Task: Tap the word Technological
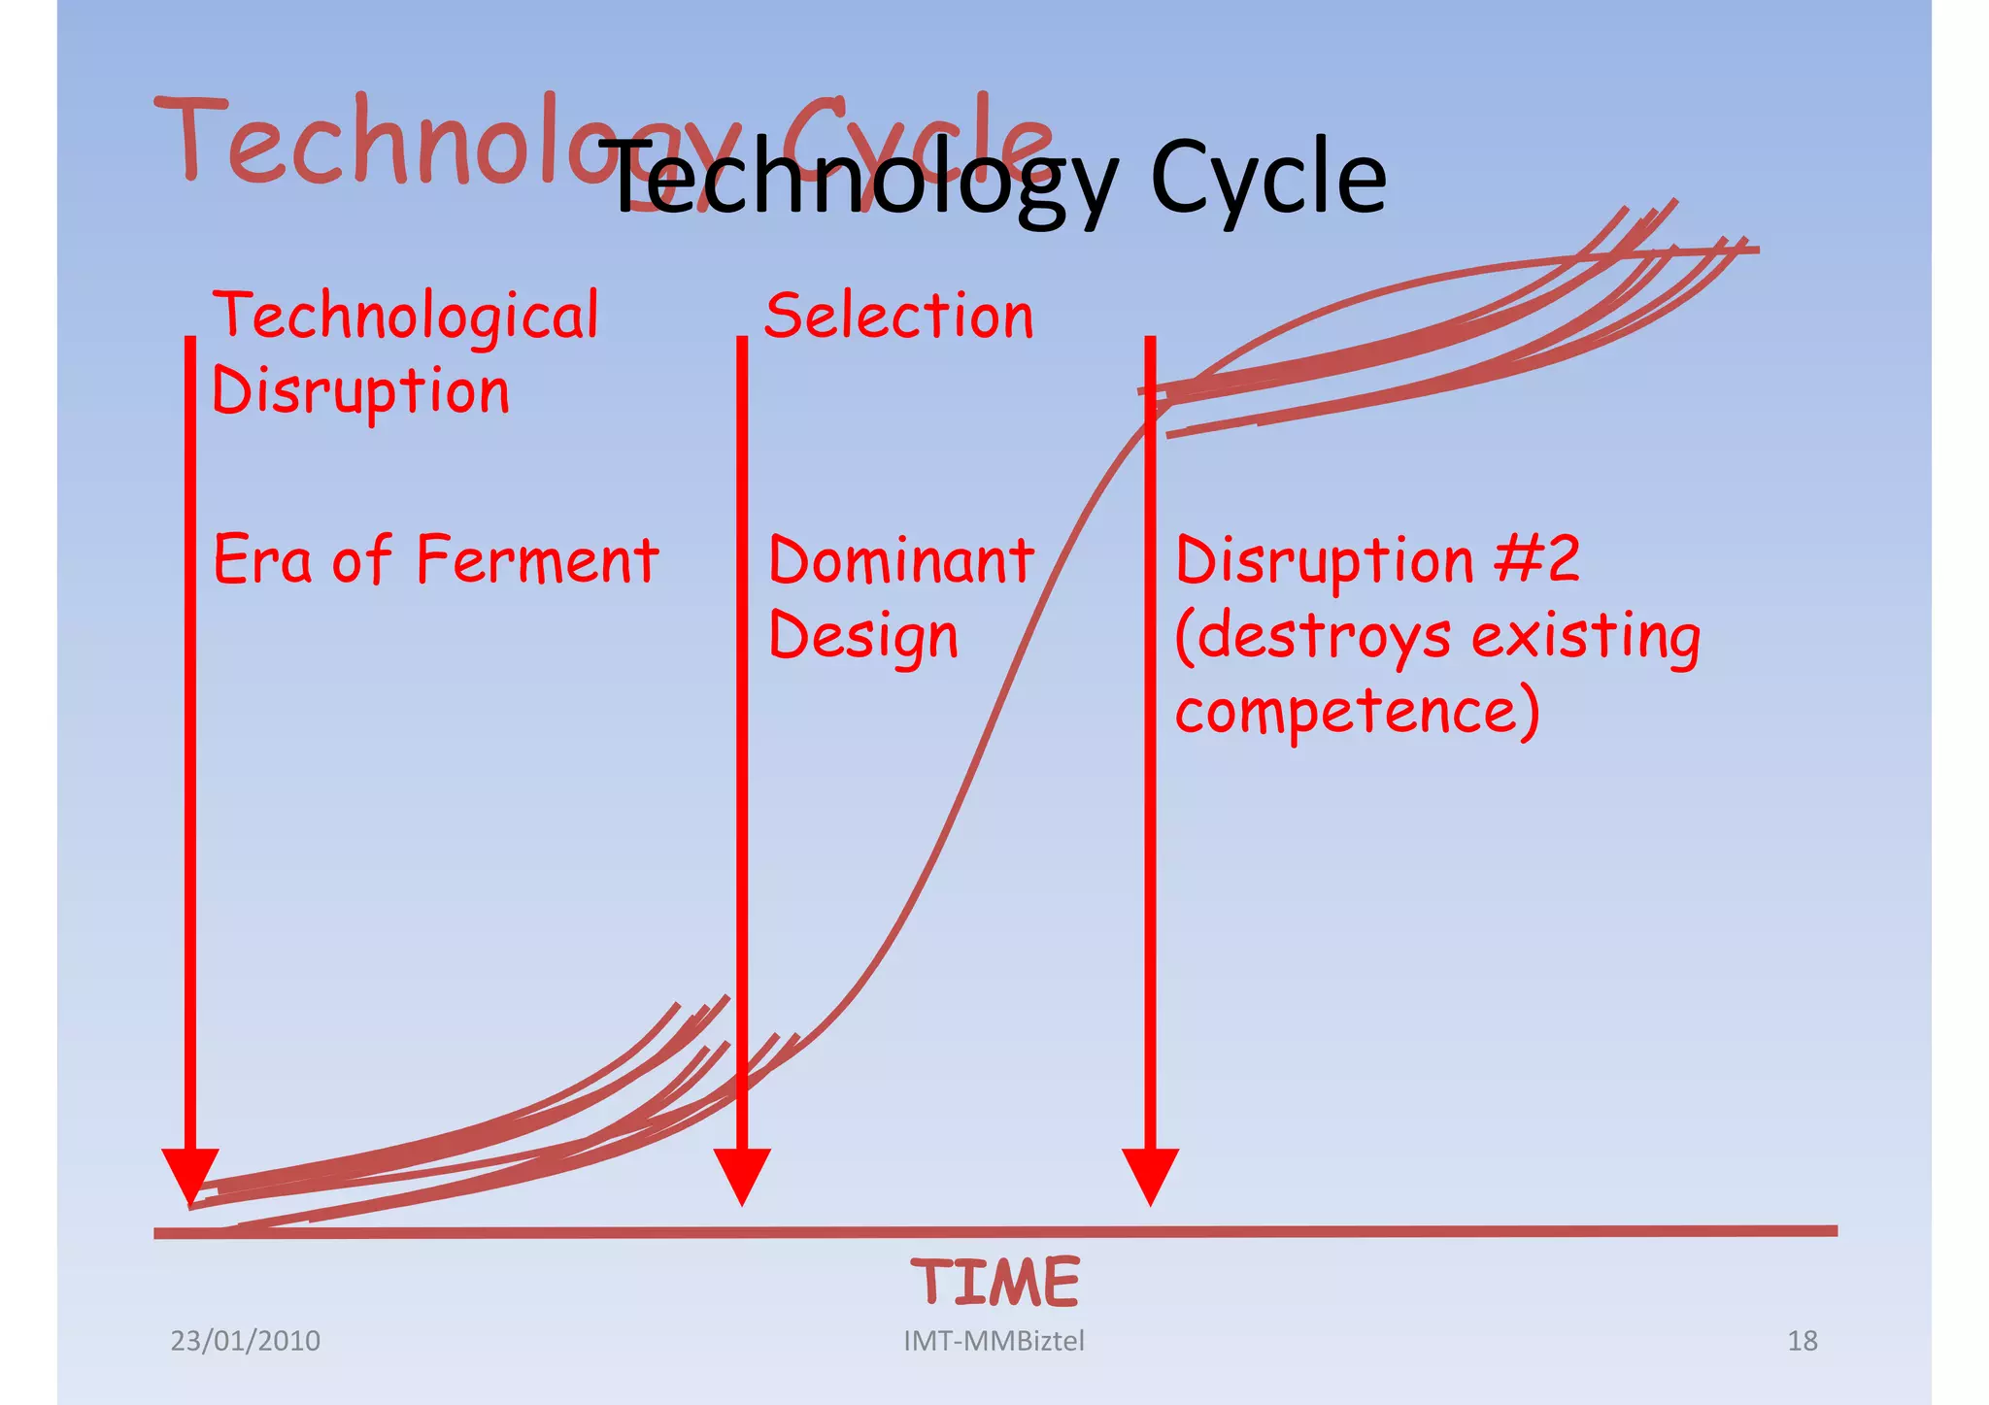[x=406, y=318]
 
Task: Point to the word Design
[x=862, y=638]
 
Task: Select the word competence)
[x=1357, y=711]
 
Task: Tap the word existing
[x=1586, y=638]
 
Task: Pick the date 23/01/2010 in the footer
[x=245, y=1341]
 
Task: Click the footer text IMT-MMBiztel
[x=994, y=1341]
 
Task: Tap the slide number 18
[x=1802, y=1341]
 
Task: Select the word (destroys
[x=1312, y=638]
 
